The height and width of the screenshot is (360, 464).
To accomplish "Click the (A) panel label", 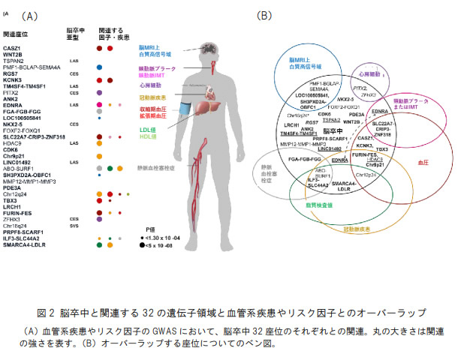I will (29, 15).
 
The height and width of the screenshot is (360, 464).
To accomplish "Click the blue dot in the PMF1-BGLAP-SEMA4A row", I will (99, 67).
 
